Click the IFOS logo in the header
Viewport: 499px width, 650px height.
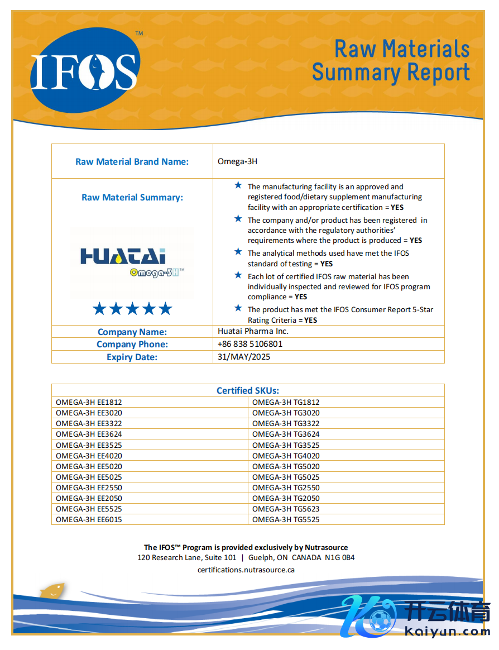[x=84, y=71]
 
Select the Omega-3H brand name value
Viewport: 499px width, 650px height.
[x=237, y=162]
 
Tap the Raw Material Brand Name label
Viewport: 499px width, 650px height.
[x=132, y=162]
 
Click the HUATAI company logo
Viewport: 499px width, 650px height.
[x=132, y=262]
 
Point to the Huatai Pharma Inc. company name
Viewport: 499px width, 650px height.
[x=253, y=332]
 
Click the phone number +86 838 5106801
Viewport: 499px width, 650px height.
[x=250, y=345]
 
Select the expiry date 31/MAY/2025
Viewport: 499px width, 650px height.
[x=244, y=357]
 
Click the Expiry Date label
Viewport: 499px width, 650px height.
[x=132, y=357]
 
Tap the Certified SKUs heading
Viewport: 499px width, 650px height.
[x=248, y=391]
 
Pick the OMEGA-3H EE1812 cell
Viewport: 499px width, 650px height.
[x=89, y=402]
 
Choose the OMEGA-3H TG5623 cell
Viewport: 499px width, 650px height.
[x=286, y=509]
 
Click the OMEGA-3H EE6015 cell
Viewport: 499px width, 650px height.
[x=89, y=520]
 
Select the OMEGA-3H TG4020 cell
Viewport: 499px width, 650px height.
[x=286, y=456]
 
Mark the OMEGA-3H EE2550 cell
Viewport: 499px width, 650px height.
[x=89, y=488]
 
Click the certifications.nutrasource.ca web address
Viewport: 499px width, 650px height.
[x=246, y=570]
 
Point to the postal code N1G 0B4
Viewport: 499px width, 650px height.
[x=340, y=558]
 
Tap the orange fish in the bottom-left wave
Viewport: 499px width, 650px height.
[x=52, y=590]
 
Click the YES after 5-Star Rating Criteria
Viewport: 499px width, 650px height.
[x=310, y=321]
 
